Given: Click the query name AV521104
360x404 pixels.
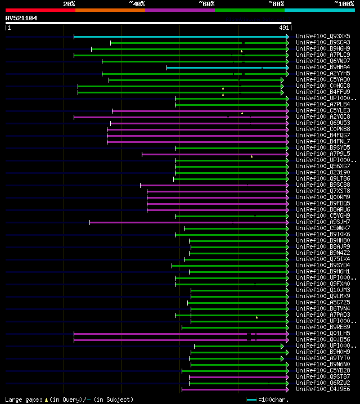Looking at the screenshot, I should tap(21, 18).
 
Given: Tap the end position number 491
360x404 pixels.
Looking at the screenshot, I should tap(284, 27).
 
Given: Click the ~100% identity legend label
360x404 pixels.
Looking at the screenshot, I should tap(343, 3).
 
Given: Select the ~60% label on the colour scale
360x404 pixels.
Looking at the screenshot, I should tap(206, 3).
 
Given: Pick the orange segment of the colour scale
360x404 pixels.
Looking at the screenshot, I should tap(110, 10).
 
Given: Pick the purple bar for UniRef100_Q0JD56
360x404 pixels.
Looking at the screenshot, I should tap(180, 340).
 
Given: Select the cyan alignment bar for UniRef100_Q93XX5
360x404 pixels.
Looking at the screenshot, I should tap(180, 37).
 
